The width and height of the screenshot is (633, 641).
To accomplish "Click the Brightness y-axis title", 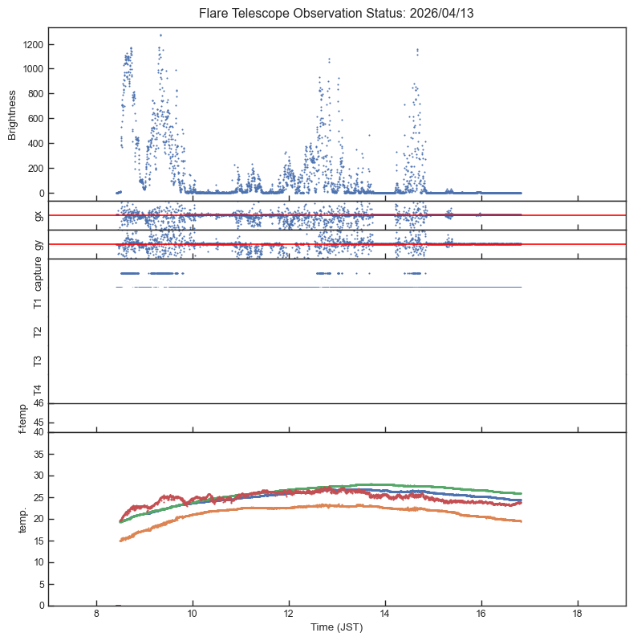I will click(x=13, y=114).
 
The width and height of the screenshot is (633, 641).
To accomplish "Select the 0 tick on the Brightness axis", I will click(x=40, y=194).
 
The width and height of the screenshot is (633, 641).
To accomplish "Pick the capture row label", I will click(x=37, y=274).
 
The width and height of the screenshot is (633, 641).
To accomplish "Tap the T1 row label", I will click(x=37, y=303).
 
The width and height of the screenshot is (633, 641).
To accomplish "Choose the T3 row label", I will click(x=37, y=361).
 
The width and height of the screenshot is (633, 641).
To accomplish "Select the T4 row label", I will click(x=37, y=390).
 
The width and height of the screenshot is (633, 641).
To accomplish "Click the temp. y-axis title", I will click(x=24, y=519).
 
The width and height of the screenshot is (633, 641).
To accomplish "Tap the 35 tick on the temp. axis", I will click(x=37, y=454).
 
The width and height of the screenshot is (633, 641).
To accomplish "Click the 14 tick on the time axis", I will click(x=385, y=616).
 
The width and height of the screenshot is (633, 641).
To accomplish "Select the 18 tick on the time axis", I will click(x=578, y=616).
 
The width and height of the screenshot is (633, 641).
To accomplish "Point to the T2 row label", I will click(x=37, y=332).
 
